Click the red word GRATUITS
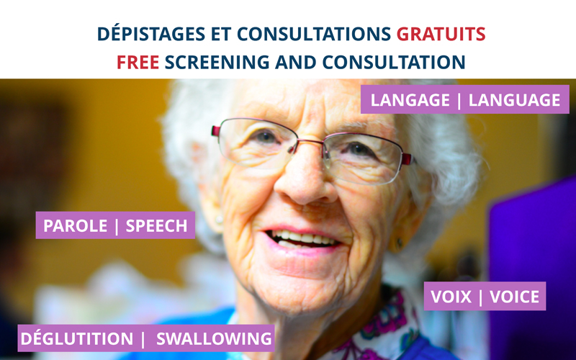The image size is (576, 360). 441,34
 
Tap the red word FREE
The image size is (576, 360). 138,62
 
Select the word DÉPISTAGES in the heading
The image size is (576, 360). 151,34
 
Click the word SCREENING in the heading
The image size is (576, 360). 217,62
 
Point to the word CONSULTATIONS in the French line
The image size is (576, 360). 314,34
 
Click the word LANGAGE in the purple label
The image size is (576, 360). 410,100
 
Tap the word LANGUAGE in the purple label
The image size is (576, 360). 514,100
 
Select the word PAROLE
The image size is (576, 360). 76,226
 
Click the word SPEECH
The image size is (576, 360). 156,226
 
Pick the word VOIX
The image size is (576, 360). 451,297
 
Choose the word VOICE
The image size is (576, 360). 514,297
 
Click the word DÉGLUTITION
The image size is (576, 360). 77,338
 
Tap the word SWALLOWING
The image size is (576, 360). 214,338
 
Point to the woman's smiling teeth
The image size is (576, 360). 303,239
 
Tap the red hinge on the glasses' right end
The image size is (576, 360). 407,159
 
